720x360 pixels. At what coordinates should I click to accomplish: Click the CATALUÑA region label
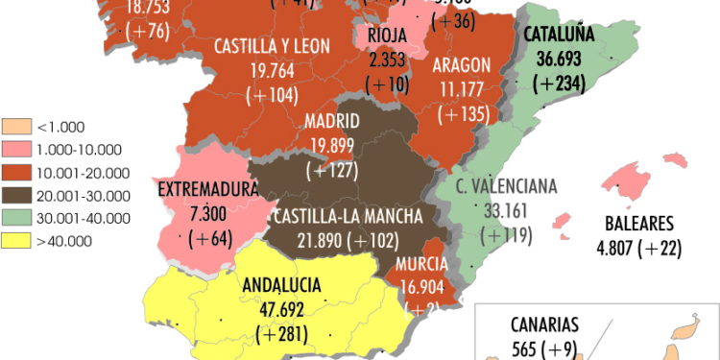point(561,36)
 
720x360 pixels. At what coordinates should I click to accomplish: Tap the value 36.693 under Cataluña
point(561,59)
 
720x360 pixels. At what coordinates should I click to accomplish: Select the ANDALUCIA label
point(282,285)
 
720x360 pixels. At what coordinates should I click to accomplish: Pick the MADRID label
point(331,122)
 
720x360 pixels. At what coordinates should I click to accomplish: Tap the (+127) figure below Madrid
point(331,171)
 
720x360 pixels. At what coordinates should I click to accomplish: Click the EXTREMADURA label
point(208,189)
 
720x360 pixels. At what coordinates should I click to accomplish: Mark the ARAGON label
point(461,64)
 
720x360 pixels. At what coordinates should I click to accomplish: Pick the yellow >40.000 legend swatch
point(16,241)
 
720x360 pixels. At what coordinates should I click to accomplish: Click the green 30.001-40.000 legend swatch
point(16,218)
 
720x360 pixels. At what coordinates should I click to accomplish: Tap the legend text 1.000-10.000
point(79,149)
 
